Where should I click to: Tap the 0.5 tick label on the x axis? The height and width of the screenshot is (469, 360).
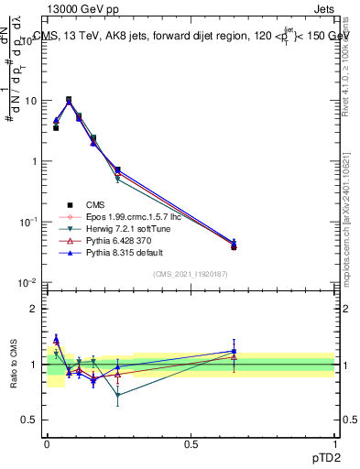click(x=190, y=442)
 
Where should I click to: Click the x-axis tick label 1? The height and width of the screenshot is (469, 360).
click(x=335, y=442)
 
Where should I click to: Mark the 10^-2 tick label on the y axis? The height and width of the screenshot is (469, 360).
click(x=28, y=283)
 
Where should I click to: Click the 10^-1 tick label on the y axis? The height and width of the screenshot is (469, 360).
click(x=28, y=223)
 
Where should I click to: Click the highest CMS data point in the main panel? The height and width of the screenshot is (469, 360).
click(x=69, y=100)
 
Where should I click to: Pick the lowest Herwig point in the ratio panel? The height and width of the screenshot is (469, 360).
click(x=117, y=396)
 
